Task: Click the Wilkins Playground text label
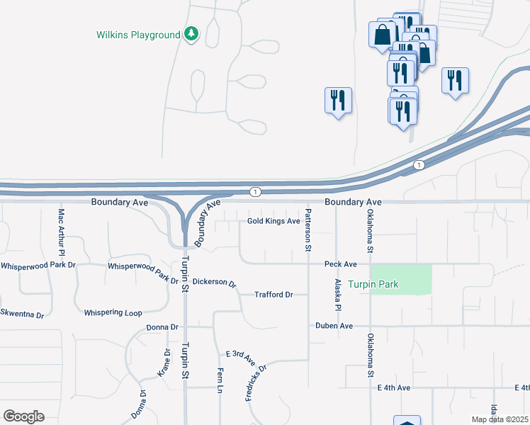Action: [x=138, y=35]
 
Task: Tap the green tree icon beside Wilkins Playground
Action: [x=191, y=33]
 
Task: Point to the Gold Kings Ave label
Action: [x=274, y=221]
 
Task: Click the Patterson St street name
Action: [x=308, y=230]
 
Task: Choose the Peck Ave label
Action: [x=341, y=264]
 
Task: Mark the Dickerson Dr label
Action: [x=214, y=282]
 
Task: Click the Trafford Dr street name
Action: [x=274, y=295]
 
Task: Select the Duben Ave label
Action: [x=334, y=326]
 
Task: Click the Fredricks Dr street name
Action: [x=255, y=383]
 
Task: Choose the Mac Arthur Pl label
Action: [x=62, y=232]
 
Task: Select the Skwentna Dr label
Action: [x=22, y=312]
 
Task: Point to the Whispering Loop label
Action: [x=113, y=312]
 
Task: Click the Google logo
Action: [x=23, y=416]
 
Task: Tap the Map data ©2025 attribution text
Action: [x=500, y=419]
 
